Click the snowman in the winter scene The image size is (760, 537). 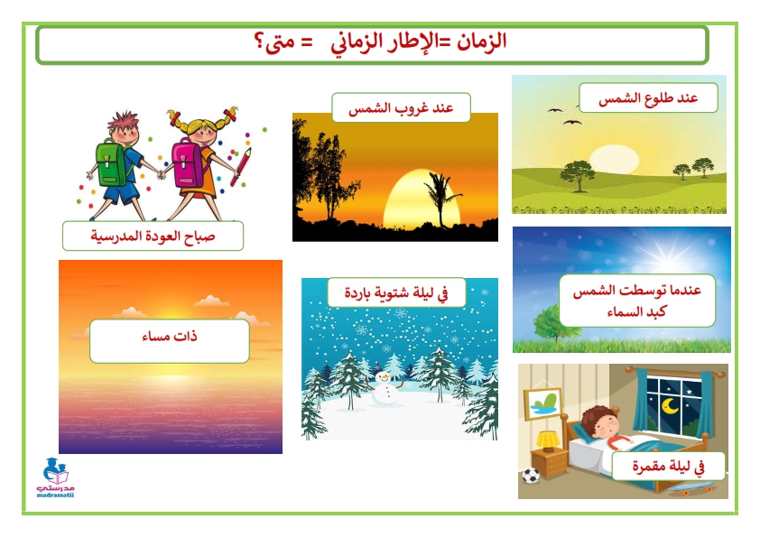point(385,389)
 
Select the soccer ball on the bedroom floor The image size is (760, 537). point(532,476)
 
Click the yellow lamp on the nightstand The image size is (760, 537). point(548,440)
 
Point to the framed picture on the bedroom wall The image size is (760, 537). point(543,403)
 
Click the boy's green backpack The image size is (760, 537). point(113,163)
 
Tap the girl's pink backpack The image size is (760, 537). point(189,163)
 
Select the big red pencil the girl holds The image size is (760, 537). point(241,167)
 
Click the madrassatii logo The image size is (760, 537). point(56,477)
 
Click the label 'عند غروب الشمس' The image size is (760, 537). point(401,107)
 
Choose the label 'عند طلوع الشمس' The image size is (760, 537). point(648,97)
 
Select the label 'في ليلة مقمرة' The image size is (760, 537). point(669,467)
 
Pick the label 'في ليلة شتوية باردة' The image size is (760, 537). point(396,292)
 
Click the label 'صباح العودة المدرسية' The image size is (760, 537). point(153,236)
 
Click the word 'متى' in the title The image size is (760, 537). point(274,42)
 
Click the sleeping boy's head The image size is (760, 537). point(600,422)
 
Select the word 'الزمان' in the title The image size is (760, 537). point(481,42)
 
